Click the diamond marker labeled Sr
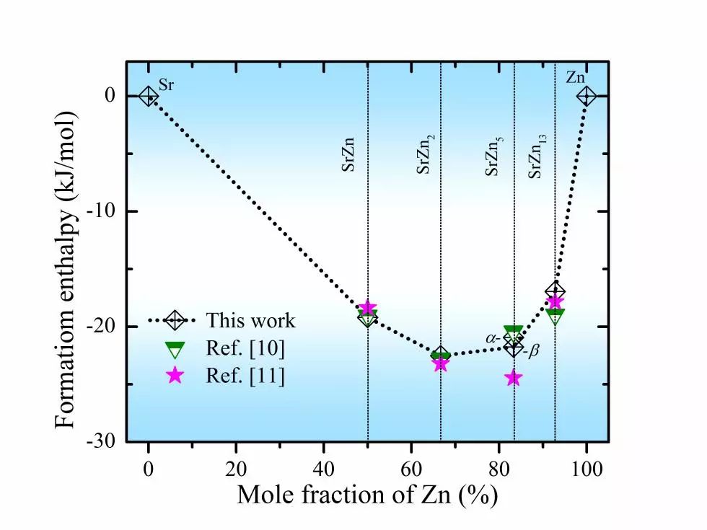[148, 96]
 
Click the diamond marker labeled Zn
[587, 96]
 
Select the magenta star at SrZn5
[514, 378]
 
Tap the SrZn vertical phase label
[348, 154]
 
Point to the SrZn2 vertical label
[425, 154]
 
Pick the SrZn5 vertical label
[493, 155]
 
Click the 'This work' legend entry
[250, 320]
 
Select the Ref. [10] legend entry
[245, 348]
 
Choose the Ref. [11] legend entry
[245, 376]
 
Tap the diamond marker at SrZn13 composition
[555, 291]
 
